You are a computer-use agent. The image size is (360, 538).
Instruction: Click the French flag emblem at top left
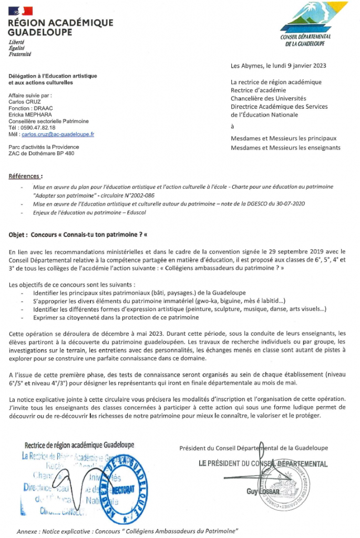[20, 11]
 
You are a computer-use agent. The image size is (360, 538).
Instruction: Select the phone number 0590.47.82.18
[38, 128]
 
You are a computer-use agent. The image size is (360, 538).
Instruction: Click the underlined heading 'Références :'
[26, 175]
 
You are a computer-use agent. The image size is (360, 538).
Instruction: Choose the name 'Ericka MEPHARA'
[29, 115]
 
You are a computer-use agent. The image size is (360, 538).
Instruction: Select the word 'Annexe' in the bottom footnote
[27, 531]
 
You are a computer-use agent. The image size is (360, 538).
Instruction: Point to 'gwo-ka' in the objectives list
[210, 301]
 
